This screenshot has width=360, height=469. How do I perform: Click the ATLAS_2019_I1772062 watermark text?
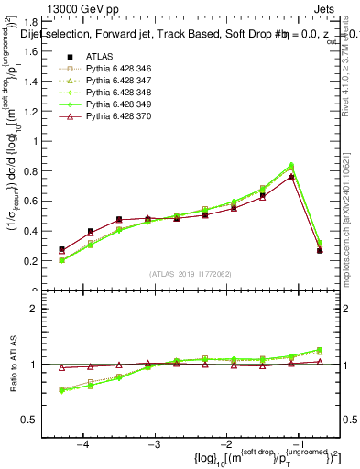click(x=190, y=274)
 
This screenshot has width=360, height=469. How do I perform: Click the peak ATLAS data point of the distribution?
click(x=291, y=177)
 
